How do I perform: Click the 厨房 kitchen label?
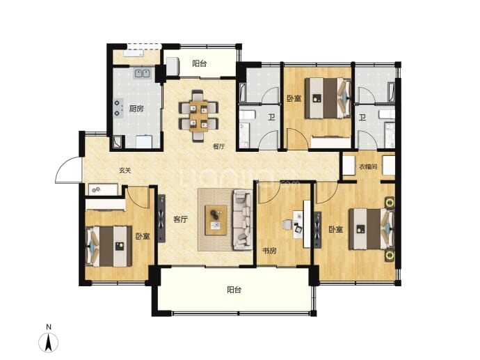(x=136, y=109)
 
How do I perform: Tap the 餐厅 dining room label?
(x=219, y=146)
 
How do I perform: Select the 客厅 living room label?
(x=180, y=219)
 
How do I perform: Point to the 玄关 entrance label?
(x=125, y=171)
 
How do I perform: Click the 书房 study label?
(x=270, y=251)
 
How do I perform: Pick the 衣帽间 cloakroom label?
(x=368, y=167)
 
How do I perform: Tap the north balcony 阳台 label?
(x=200, y=63)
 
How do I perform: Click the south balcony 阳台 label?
(x=234, y=290)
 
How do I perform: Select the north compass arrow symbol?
(x=49, y=342)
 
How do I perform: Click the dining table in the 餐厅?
(x=199, y=116)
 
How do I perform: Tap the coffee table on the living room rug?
(x=216, y=220)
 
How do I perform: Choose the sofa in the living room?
(x=243, y=219)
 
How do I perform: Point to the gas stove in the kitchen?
(x=118, y=108)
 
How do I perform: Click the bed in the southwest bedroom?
(x=109, y=246)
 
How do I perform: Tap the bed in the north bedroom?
(x=328, y=98)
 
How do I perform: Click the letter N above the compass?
(x=49, y=327)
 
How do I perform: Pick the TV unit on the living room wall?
(x=161, y=219)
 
